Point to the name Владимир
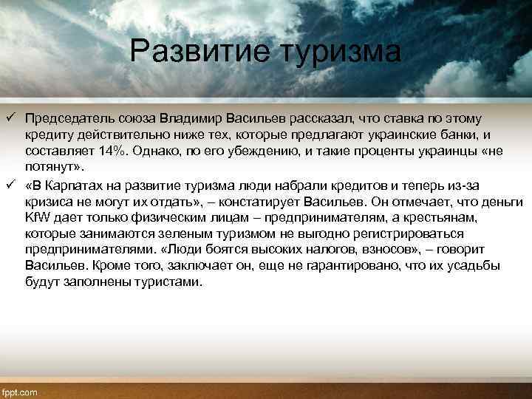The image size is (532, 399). (194, 117)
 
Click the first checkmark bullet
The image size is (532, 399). (9, 118)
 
